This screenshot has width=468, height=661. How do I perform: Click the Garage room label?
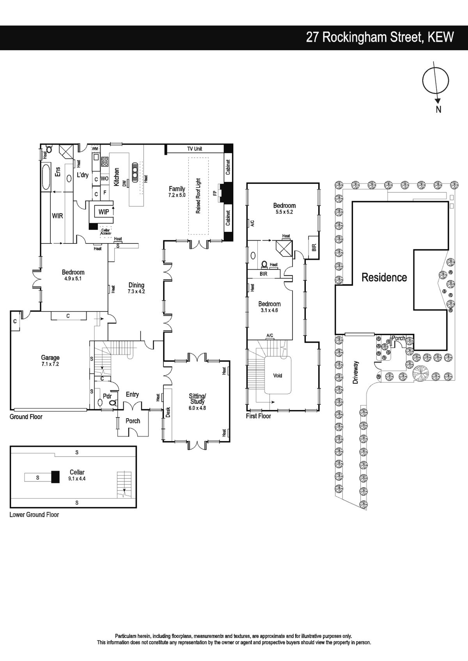pos(50,358)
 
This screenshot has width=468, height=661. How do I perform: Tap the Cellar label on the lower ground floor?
pos(77,472)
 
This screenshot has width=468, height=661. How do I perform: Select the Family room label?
pos(177,189)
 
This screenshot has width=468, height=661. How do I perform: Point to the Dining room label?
pos(136,285)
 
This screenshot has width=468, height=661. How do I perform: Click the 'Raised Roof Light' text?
pos(198,196)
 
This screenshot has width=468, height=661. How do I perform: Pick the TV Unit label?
pos(194,149)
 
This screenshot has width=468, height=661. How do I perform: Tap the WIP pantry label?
pos(104,212)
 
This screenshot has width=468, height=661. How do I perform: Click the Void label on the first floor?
pos(277,375)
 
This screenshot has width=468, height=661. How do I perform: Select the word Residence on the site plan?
pos(385,277)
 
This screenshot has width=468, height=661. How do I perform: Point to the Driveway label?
pos(355,372)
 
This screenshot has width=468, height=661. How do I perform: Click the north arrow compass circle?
pos(436,80)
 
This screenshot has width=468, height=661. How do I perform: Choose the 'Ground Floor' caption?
pos(26,417)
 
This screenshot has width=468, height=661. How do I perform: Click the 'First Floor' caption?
pos(259,416)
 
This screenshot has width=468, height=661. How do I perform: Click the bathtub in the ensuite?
pos(46,178)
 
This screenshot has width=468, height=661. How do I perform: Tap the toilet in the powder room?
pos(113,402)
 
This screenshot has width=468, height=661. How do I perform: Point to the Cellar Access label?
pos(105,232)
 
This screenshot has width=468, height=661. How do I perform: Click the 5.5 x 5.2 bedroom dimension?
pos(284,212)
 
